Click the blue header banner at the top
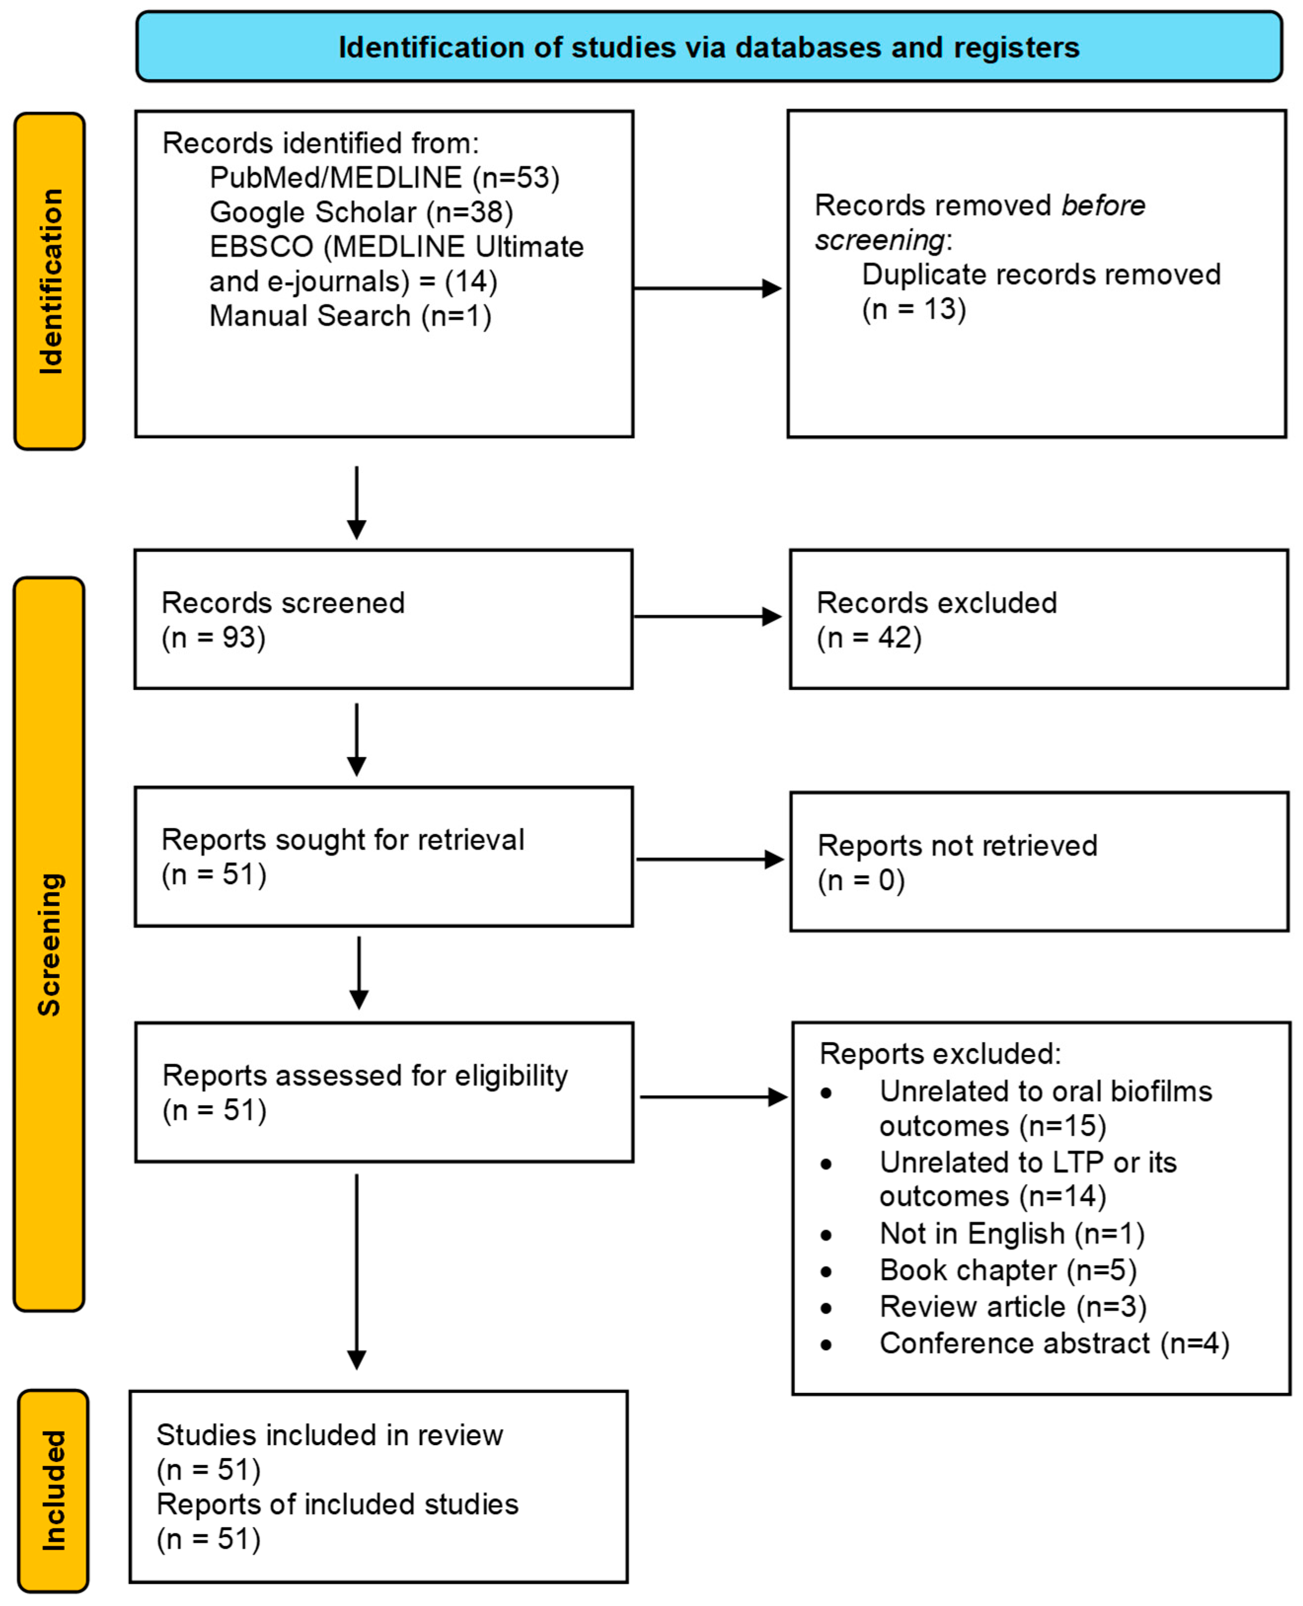[708, 46]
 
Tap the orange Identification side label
[49, 281]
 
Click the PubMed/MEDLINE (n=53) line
[384, 178]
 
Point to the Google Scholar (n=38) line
[361, 212]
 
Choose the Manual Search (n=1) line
[350, 316]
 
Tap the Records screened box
[383, 619]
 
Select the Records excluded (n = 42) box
[1039, 619]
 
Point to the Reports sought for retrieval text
[342, 840]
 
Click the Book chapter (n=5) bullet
[1007, 1270]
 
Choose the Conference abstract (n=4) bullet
[1054, 1344]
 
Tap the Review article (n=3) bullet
[1012, 1307]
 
